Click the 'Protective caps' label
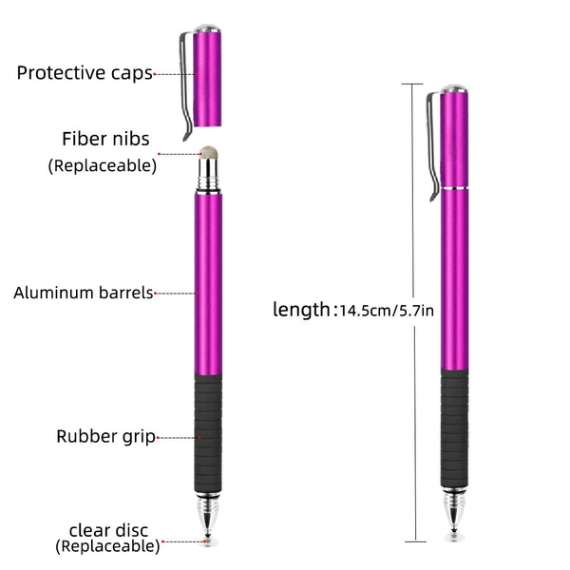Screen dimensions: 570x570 (85, 73)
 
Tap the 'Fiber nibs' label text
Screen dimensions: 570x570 (105, 139)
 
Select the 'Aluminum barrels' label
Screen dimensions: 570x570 (84, 293)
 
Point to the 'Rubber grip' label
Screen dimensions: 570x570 (105, 437)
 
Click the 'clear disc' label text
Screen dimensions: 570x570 (108, 530)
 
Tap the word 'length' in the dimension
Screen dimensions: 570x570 (301, 310)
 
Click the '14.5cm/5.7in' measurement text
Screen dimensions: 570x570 (387, 311)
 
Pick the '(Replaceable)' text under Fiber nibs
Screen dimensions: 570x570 (103, 165)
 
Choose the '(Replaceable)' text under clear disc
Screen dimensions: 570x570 (107, 546)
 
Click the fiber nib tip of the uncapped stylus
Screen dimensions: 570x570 (209, 153)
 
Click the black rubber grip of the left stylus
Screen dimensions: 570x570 (208, 432)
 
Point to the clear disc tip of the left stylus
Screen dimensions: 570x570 (208, 542)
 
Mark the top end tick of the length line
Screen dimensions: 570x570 (412, 84)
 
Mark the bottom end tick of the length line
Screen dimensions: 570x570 (415, 542)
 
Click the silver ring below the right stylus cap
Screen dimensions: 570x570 (454, 188)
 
